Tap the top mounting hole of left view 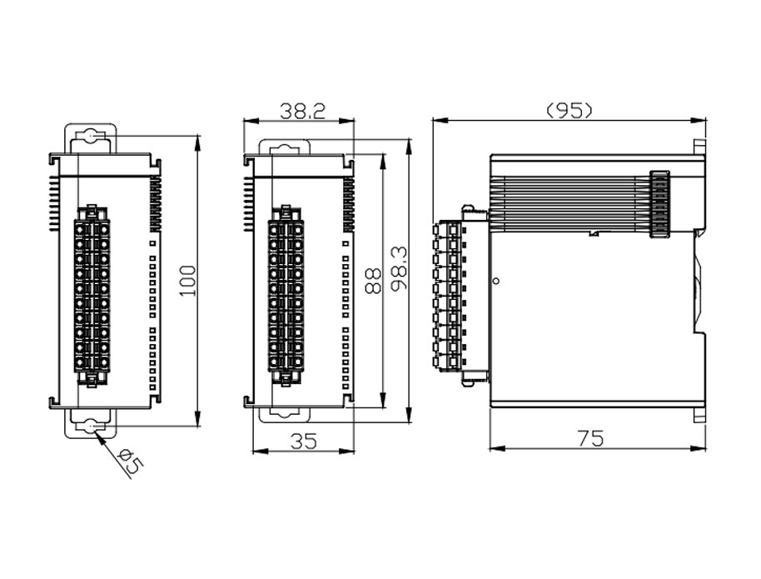tap(90, 137)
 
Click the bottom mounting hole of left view tap(90, 427)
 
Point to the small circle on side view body tap(496, 282)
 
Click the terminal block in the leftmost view tap(93, 295)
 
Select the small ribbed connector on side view tap(659, 204)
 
